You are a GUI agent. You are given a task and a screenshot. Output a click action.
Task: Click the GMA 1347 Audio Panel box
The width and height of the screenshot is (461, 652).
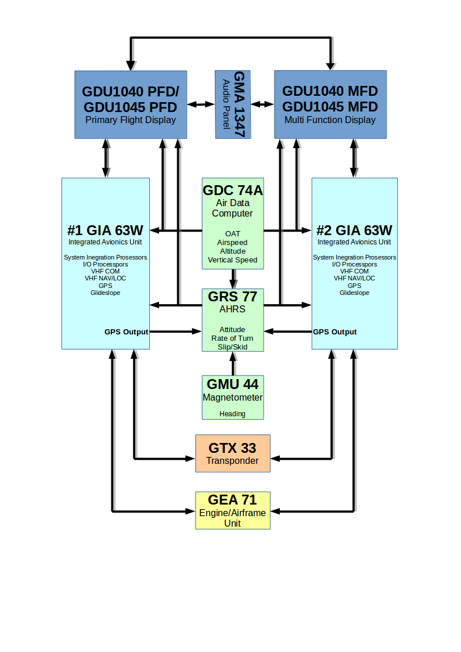pyautogui.click(x=233, y=105)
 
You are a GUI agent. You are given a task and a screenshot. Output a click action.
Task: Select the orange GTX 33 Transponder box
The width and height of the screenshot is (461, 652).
pyautogui.click(x=233, y=453)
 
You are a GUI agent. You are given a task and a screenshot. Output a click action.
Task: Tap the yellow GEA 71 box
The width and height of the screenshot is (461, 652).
pyautogui.click(x=233, y=510)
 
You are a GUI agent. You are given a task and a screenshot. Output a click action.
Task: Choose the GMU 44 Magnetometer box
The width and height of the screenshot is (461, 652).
pyautogui.click(x=233, y=398)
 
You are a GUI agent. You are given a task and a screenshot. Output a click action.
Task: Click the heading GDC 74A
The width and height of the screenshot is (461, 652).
pyautogui.click(x=233, y=190)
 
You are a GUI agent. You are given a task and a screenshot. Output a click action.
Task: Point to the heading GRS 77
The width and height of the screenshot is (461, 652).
pyautogui.click(x=233, y=297)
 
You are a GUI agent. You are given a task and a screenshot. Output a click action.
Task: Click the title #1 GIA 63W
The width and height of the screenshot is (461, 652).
pyautogui.click(x=105, y=230)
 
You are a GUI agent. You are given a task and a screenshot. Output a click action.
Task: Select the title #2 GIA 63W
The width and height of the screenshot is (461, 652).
pyautogui.click(x=354, y=230)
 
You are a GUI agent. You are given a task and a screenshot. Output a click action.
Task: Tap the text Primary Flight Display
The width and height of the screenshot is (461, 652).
pyautogui.click(x=131, y=120)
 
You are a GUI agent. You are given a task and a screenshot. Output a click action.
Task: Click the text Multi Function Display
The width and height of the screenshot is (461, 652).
pyautogui.click(x=330, y=120)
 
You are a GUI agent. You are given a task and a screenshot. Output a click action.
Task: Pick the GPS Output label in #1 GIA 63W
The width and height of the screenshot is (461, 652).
pyautogui.click(x=127, y=332)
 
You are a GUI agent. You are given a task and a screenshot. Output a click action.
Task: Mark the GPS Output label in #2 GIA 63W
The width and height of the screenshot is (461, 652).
pyautogui.click(x=334, y=332)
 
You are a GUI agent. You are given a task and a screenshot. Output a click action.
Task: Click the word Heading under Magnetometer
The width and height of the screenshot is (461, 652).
pyautogui.click(x=232, y=414)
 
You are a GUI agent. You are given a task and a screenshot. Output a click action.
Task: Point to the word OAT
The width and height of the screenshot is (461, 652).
pyautogui.click(x=233, y=234)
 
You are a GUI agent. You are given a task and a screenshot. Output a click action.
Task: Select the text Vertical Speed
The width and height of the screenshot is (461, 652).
pyautogui.click(x=232, y=260)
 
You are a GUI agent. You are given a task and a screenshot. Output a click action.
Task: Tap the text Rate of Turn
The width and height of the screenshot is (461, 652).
pyautogui.click(x=232, y=338)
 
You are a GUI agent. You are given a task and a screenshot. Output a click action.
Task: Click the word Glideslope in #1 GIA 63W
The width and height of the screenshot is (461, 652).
pyautogui.click(x=105, y=293)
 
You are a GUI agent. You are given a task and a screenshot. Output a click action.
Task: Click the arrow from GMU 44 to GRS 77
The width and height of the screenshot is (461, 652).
pyautogui.click(x=233, y=363)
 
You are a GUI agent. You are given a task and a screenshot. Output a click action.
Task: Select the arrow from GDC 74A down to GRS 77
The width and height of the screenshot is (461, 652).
pyautogui.click(x=233, y=279)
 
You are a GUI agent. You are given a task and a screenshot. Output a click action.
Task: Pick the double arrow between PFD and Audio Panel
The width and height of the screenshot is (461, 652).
pyautogui.click(x=201, y=105)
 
